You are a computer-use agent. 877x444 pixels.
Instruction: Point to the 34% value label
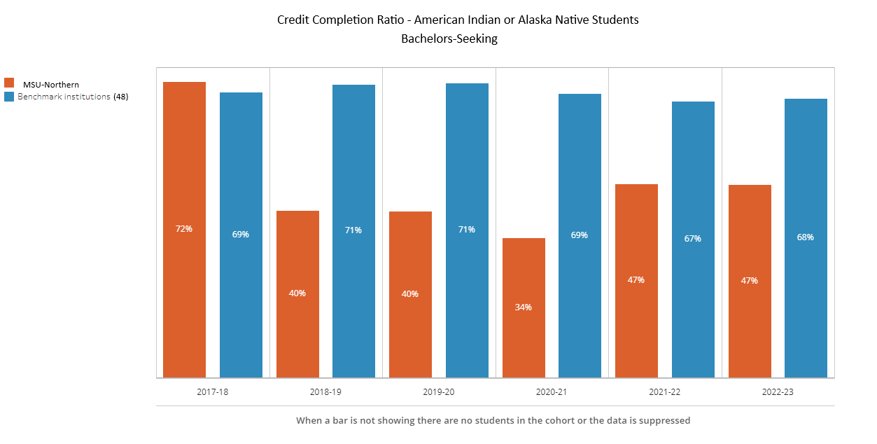pos(524,307)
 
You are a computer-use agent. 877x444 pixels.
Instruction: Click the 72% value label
pos(184,228)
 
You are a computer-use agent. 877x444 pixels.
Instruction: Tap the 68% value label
pos(806,237)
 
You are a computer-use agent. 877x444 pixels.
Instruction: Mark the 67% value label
pos(693,238)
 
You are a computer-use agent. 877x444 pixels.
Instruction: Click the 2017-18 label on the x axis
pos(213,392)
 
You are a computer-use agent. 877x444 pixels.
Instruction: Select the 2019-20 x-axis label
pos(439,392)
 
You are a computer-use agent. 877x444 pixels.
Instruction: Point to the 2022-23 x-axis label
pos(778,392)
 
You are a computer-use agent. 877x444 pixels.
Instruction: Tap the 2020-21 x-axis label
pos(552,392)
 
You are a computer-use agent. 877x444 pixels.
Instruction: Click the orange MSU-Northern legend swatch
pos(9,83)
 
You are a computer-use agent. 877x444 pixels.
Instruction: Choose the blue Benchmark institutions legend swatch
pos(9,97)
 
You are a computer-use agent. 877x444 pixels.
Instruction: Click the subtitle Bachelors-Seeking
pos(449,39)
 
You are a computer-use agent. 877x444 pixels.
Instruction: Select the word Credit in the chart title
pos(293,20)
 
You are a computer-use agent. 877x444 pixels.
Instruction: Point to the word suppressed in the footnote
pos(665,421)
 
